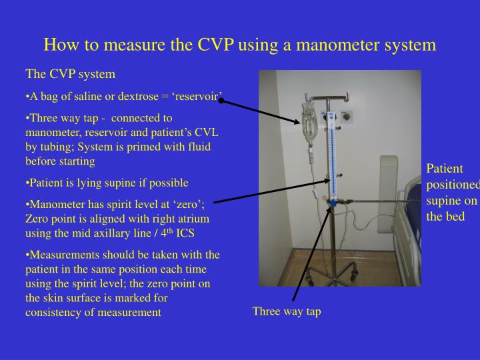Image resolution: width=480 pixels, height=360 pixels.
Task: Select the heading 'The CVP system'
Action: (x=70, y=73)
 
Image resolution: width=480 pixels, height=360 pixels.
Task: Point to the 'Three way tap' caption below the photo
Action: (x=286, y=311)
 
